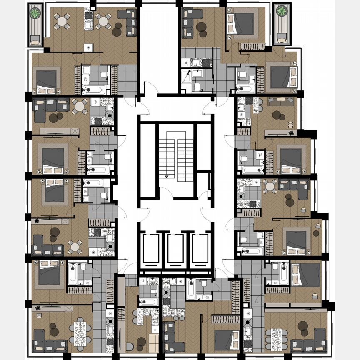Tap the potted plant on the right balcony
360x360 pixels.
(x=282, y=11)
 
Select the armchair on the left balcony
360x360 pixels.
(x=35, y=40)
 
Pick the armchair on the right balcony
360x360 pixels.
(x=282, y=39)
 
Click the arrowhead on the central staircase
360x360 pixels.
(x=167, y=176)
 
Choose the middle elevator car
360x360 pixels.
(x=175, y=250)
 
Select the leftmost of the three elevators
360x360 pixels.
(x=151, y=250)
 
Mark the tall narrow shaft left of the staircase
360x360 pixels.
(x=147, y=160)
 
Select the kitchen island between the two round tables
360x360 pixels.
(x=88, y=20)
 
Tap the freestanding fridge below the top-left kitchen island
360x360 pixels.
(x=88, y=47)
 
